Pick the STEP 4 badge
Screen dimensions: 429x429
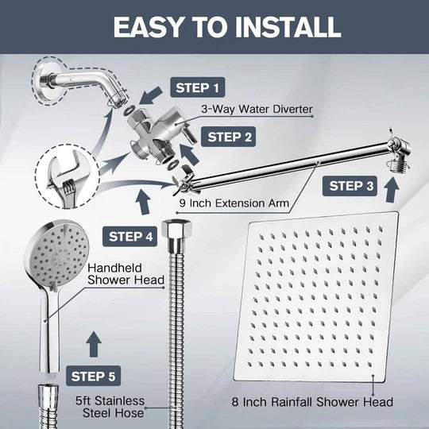click(x=131, y=236)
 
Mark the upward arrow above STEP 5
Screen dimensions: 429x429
click(x=93, y=343)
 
